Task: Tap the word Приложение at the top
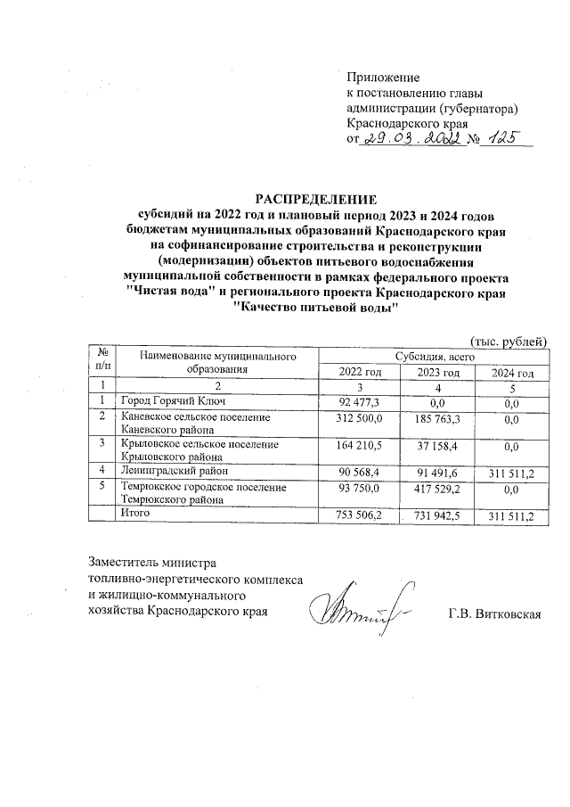point(383,78)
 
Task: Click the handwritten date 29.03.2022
point(413,139)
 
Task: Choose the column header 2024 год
point(514,372)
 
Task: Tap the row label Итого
point(135,514)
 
